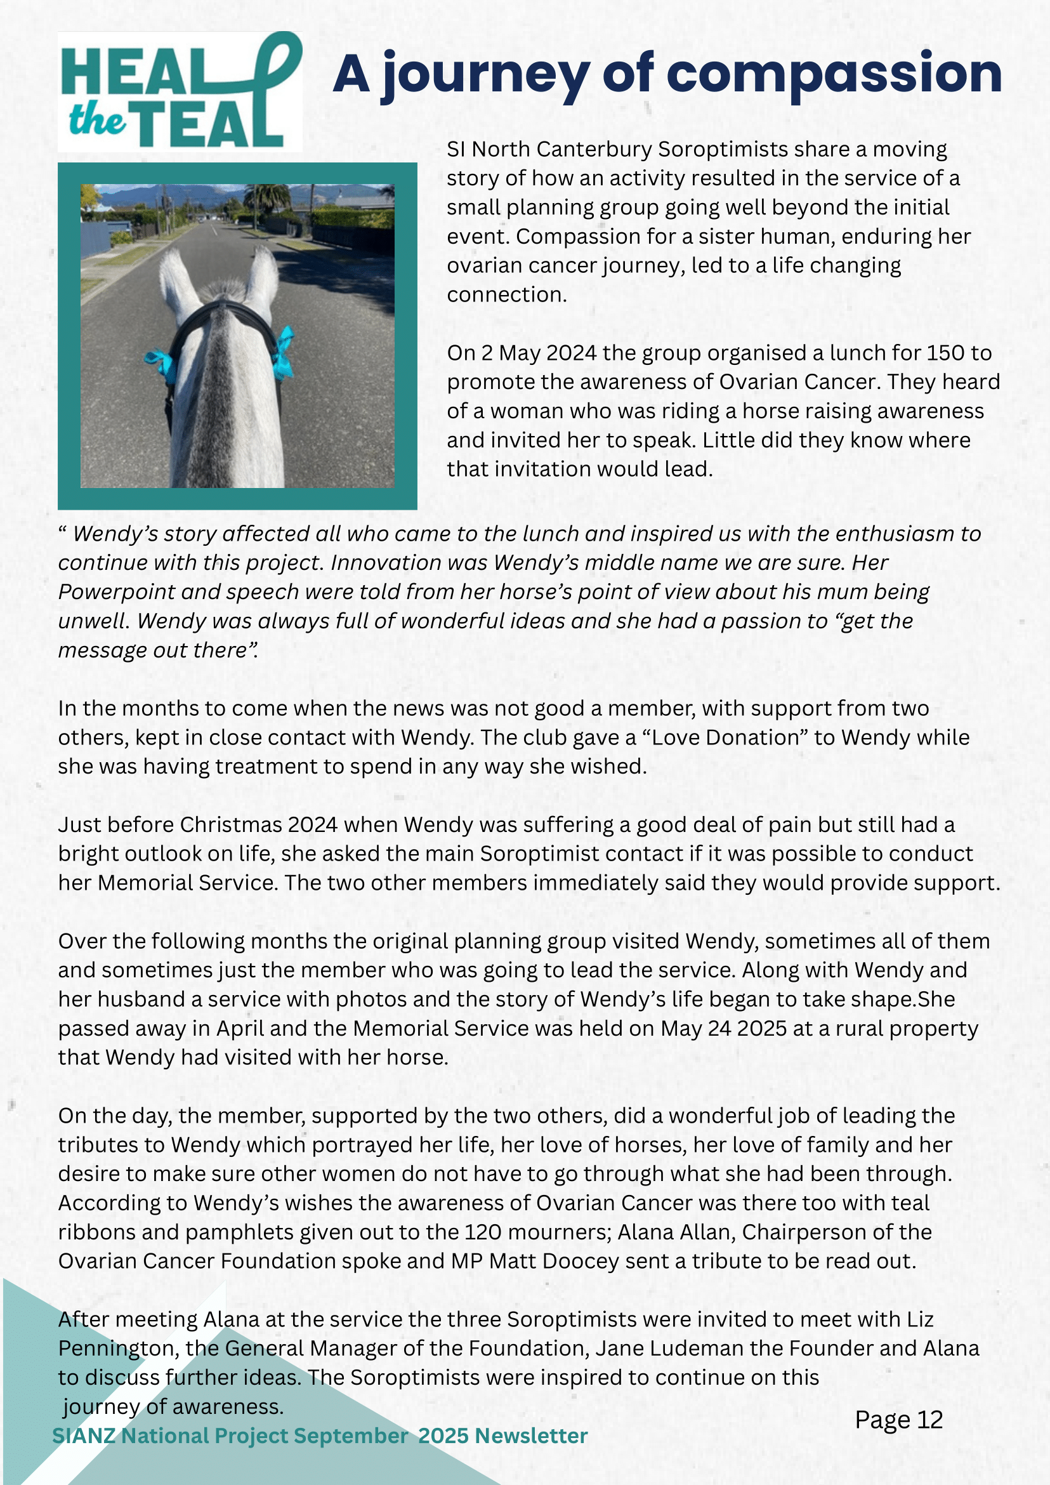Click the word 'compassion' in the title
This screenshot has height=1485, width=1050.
point(834,74)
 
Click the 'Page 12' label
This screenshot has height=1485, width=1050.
point(898,1420)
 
